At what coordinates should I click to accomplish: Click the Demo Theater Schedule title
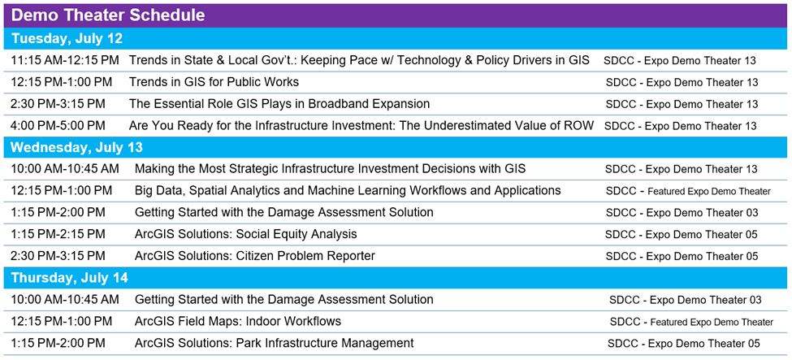(108, 15)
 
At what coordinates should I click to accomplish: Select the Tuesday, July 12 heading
(67, 38)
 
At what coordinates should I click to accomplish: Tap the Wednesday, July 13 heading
(77, 148)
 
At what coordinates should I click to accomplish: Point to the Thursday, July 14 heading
(70, 278)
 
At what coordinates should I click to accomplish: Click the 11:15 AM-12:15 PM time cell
(65, 60)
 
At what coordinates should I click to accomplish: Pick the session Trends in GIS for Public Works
(214, 82)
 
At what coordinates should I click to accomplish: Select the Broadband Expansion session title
(279, 104)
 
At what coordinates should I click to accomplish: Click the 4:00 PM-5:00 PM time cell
(58, 125)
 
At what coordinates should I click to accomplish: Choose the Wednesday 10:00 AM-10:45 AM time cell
(65, 169)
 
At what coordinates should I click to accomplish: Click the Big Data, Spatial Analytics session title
(348, 191)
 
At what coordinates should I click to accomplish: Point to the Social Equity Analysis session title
(246, 234)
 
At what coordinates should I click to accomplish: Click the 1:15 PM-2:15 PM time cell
(58, 234)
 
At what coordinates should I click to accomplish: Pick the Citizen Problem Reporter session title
(255, 256)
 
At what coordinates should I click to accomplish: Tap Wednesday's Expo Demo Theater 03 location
(682, 213)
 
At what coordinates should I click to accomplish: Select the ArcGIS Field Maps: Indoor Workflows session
(238, 321)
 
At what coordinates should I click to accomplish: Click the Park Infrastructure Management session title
(275, 343)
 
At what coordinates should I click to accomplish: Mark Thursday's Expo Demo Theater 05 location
(684, 343)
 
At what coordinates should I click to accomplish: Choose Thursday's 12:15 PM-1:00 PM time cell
(62, 321)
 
